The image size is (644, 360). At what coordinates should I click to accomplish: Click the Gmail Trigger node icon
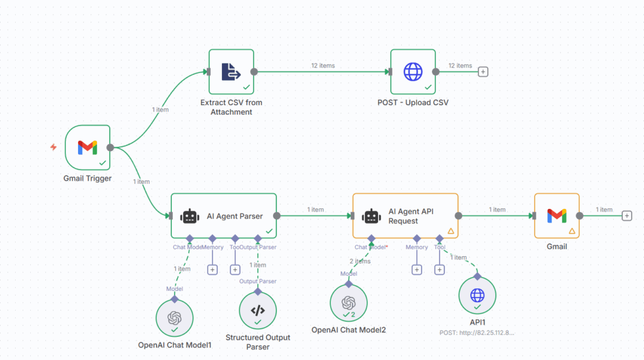pyautogui.click(x=87, y=147)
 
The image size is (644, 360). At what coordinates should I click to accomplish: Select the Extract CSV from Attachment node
pyautogui.click(x=231, y=72)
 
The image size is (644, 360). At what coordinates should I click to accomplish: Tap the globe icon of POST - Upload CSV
pyautogui.click(x=413, y=72)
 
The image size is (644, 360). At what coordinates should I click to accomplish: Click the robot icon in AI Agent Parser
pyautogui.click(x=190, y=216)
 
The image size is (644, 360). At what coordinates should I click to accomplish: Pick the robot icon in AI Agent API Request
pyautogui.click(x=371, y=216)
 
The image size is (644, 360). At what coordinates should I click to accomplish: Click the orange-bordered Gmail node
pyautogui.click(x=557, y=216)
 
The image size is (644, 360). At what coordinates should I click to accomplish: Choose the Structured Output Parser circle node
pyautogui.click(x=258, y=310)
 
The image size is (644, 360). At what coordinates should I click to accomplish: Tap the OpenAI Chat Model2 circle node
pyautogui.click(x=348, y=303)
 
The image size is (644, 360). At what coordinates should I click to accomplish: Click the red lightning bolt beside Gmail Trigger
pyautogui.click(x=53, y=147)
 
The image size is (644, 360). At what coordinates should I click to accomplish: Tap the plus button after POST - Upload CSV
pyautogui.click(x=483, y=72)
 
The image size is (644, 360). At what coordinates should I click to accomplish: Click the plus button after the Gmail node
pyautogui.click(x=626, y=216)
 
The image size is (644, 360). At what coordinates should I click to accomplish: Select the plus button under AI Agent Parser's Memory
pyautogui.click(x=212, y=269)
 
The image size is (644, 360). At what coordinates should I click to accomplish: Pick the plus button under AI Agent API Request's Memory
pyautogui.click(x=416, y=269)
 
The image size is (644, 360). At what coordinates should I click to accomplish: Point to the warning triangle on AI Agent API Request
pyautogui.click(x=450, y=231)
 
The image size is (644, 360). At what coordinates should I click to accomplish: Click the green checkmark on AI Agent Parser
pyautogui.click(x=269, y=231)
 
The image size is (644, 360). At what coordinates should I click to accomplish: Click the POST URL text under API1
pyautogui.click(x=477, y=332)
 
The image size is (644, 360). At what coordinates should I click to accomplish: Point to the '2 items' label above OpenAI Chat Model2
pyautogui.click(x=360, y=261)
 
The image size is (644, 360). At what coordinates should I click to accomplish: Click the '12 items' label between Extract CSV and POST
pyautogui.click(x=323, y=65)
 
